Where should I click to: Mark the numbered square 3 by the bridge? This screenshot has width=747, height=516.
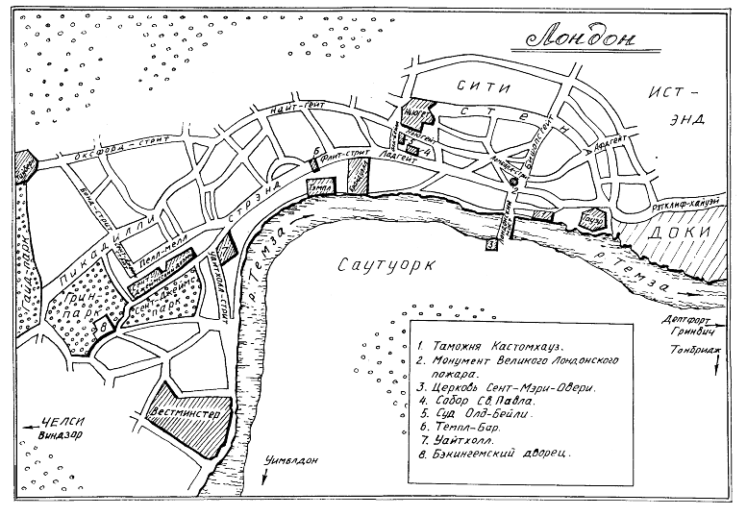pyautogui.click(x=490, y=246)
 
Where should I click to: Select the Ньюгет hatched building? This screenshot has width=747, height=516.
pyautogui.click(x=418, y=111)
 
